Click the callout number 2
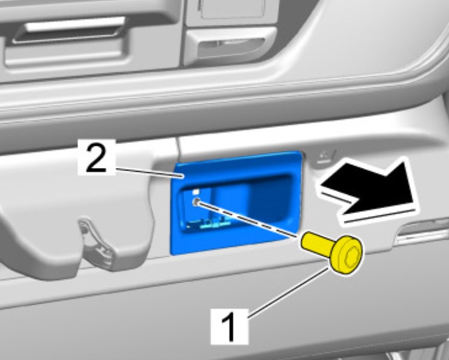[x=96, y=157]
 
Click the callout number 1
[x=229, y=326]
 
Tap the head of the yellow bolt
[x=346, y=254]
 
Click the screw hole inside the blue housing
[x=196, y=202]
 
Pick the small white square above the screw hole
[x=196, y=191]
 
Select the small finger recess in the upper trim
[x=230, y=45]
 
